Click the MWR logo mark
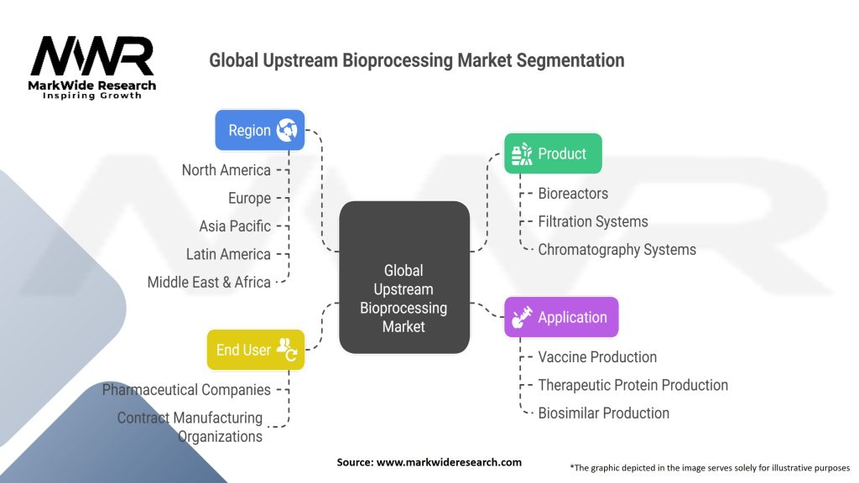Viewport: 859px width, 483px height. click(x=91, y=57)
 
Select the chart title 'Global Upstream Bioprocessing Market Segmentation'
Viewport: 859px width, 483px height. click(x=416, y=60)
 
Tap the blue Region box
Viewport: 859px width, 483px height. click(x=260, y=130)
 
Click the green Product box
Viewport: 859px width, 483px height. click(x=552, y=153)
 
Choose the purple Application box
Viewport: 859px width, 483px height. click(x=560, y=317)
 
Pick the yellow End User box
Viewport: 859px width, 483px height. click(x=255, y=350)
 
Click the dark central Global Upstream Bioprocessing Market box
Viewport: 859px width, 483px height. click(x=403, y=277)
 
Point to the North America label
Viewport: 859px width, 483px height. click(x=226, y=170)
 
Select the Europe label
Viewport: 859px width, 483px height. click(x=249, y=198)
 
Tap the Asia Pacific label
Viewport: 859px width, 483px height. click(x=235, y=226)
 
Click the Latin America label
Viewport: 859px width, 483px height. click(x=228, y=254)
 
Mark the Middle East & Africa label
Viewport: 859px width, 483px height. click(x=209, y=282)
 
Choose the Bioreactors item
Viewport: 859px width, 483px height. click(x=573, y=193)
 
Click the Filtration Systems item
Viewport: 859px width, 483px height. click(x=592, y=221)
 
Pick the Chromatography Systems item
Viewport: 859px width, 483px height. click(x=617, y=249)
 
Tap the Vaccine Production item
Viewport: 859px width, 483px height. click(x=597, y=356)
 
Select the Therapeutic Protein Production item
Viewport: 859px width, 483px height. click(x=633, y=385)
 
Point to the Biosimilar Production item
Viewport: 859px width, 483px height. click(x=603, y=413)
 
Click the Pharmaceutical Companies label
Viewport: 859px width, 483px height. click(x=186, y=389)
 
